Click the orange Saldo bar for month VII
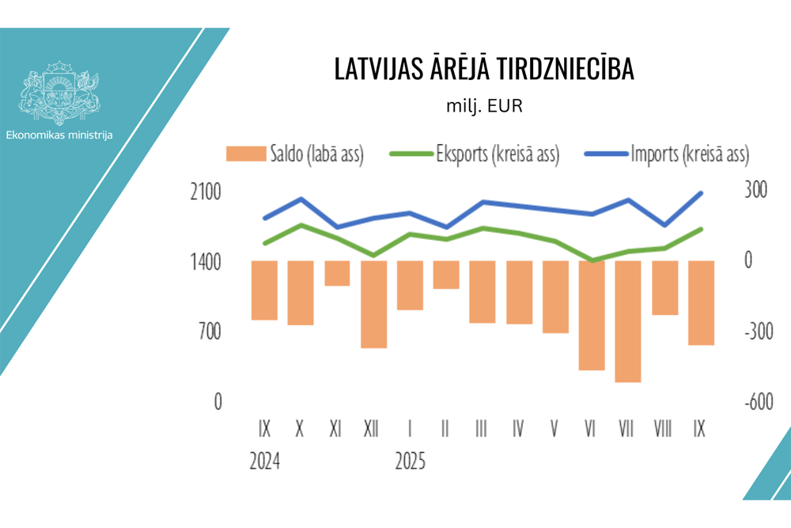(628, 321)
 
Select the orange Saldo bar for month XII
(373, 304)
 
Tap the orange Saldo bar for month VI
(592, 315)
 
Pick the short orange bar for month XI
(337, 273)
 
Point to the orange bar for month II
(446, 275)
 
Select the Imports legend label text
(689, 154)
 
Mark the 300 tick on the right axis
(755, 192)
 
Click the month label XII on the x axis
(371, 429)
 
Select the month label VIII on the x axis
(663, 429)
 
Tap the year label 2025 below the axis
(410, 462)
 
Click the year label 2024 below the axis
(264, 462)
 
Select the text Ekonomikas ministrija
(59, 135)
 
